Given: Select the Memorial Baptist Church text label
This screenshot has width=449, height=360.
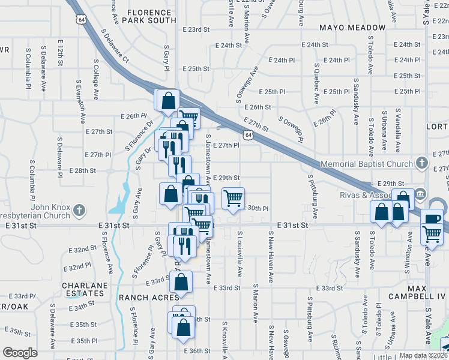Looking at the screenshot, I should click(x=366, y=164).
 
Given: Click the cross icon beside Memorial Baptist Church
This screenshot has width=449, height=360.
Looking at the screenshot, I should click(x=422, y=163).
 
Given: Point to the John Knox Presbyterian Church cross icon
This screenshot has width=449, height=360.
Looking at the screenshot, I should click(x=79, y=211).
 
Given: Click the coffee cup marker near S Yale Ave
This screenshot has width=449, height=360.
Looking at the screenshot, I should click(x=431, y=219).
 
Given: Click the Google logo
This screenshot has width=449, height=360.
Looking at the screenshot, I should click(x=20, y=353).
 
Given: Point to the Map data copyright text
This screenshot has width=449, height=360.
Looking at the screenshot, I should click(x=423, y=355).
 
